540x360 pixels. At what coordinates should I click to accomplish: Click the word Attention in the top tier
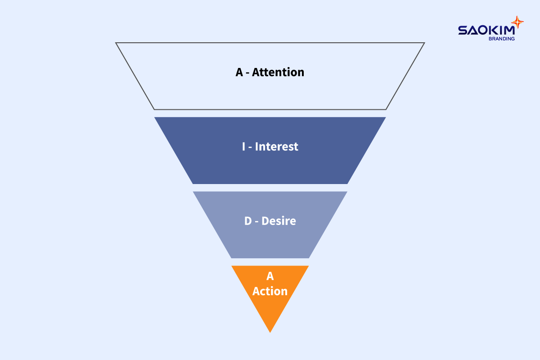(278, 72)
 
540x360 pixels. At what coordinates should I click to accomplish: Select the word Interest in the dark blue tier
(277, 146)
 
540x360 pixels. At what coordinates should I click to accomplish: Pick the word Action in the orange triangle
(270, 291)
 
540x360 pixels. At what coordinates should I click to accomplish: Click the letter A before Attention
(239, 72)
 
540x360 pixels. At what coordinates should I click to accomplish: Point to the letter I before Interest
(243, 146)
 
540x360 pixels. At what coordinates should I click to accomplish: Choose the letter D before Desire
(248, 221)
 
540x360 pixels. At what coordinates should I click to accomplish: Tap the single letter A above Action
(270, 276)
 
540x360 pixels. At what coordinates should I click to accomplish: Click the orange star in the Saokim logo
(517, 22)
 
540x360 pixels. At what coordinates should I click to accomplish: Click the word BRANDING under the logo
(501, 39)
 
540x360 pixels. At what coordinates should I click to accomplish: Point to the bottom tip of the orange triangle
(270, 332)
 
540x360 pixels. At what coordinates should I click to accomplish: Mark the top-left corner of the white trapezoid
(116, 43)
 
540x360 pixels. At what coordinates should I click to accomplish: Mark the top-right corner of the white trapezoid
(424, 43)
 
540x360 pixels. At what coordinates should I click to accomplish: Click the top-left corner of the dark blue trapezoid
(155, 117)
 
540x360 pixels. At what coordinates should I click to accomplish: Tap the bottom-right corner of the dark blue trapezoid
(347, 184)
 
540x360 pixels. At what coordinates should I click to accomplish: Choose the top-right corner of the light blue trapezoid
(346, 192)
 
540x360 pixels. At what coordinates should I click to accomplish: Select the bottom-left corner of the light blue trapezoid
(232, 258)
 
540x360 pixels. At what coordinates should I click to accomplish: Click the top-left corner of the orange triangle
(232, 266)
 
